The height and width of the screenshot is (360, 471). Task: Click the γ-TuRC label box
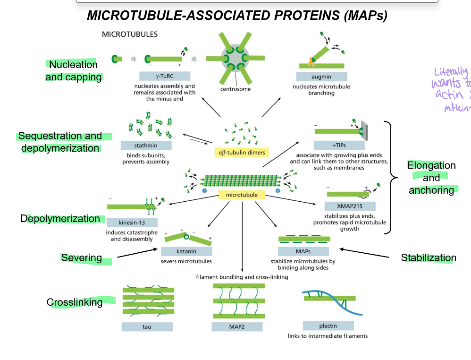pyautogui.click(x=165, y=76)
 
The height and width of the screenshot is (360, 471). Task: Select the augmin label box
pyautogui.click(x=321, y=77)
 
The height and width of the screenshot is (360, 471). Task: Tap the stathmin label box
pyautogui.click(x=146, y=146)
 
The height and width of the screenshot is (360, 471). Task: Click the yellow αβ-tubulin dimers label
pyautogui.click(x=241, y=152)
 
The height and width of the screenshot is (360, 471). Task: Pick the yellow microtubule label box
pyautogui.click(x=242, y=195)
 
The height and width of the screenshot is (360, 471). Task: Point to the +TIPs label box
pyautogui.click(x=339, y=145)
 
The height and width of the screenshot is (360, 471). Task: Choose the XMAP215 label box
pyautogui.click(x=350, y=206)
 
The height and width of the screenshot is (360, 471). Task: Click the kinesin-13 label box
pyautogui.click(x=132, y=223)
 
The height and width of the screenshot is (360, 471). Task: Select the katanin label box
pyautogui.click(x=186, y=251)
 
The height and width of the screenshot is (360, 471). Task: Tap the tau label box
pyautogui.click(x=147, y=326)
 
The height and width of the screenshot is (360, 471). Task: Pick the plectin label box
pyautogui.click(x=328, y=326)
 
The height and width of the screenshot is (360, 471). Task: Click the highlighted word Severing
pyautogui.click(x=81, y=257)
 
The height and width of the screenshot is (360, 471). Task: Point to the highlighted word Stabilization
pyautogui.click(x=429, y=257)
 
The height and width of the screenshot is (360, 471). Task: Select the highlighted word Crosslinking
pyautogui.click(x=75, y=302)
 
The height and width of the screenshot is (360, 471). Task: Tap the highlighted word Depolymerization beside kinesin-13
pyautogui.click(x=60, y=219)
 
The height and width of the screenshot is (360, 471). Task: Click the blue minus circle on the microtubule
pyautogui.click(x=204, y=190)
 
